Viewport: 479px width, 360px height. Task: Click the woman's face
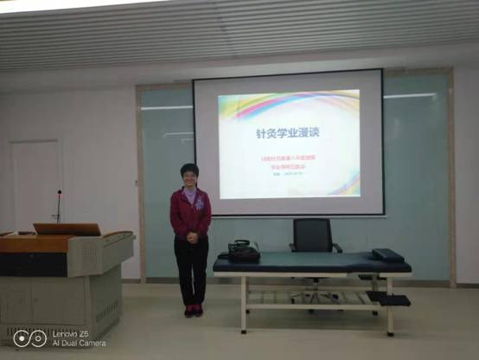189,176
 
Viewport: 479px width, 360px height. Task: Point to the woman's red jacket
189,213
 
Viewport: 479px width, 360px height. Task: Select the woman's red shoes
193,310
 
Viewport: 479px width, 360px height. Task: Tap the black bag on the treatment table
243,252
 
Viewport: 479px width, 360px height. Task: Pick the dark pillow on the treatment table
386,254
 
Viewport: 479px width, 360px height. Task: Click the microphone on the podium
59,206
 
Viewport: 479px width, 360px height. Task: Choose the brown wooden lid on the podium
67,229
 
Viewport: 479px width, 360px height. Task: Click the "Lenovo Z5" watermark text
71,333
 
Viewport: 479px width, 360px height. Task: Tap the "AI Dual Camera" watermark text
79,344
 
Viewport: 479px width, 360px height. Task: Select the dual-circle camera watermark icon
30,338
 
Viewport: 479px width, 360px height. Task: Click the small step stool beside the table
388,299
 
